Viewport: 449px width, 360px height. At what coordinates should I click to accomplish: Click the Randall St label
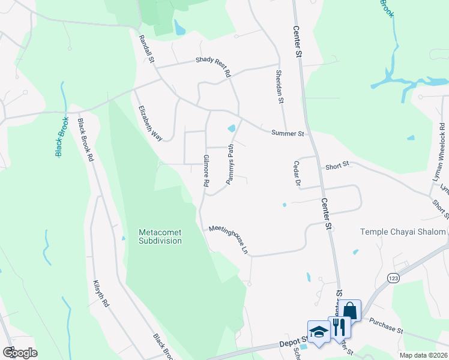coord(147,49)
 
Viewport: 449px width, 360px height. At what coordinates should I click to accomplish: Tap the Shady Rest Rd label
coord(213,67)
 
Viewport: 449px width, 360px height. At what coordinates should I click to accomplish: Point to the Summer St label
coord(288,133)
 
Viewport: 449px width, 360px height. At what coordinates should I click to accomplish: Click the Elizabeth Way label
coord(150,124)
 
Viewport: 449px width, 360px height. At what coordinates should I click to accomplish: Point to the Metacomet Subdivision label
coord(160,236)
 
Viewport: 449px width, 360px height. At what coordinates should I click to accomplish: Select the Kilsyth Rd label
coord(101,293)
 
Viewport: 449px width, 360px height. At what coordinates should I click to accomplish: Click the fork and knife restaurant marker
coord(339,326)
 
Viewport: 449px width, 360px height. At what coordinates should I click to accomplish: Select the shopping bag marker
coord(351,311)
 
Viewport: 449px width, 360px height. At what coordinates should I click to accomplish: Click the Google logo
coord(19,352)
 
